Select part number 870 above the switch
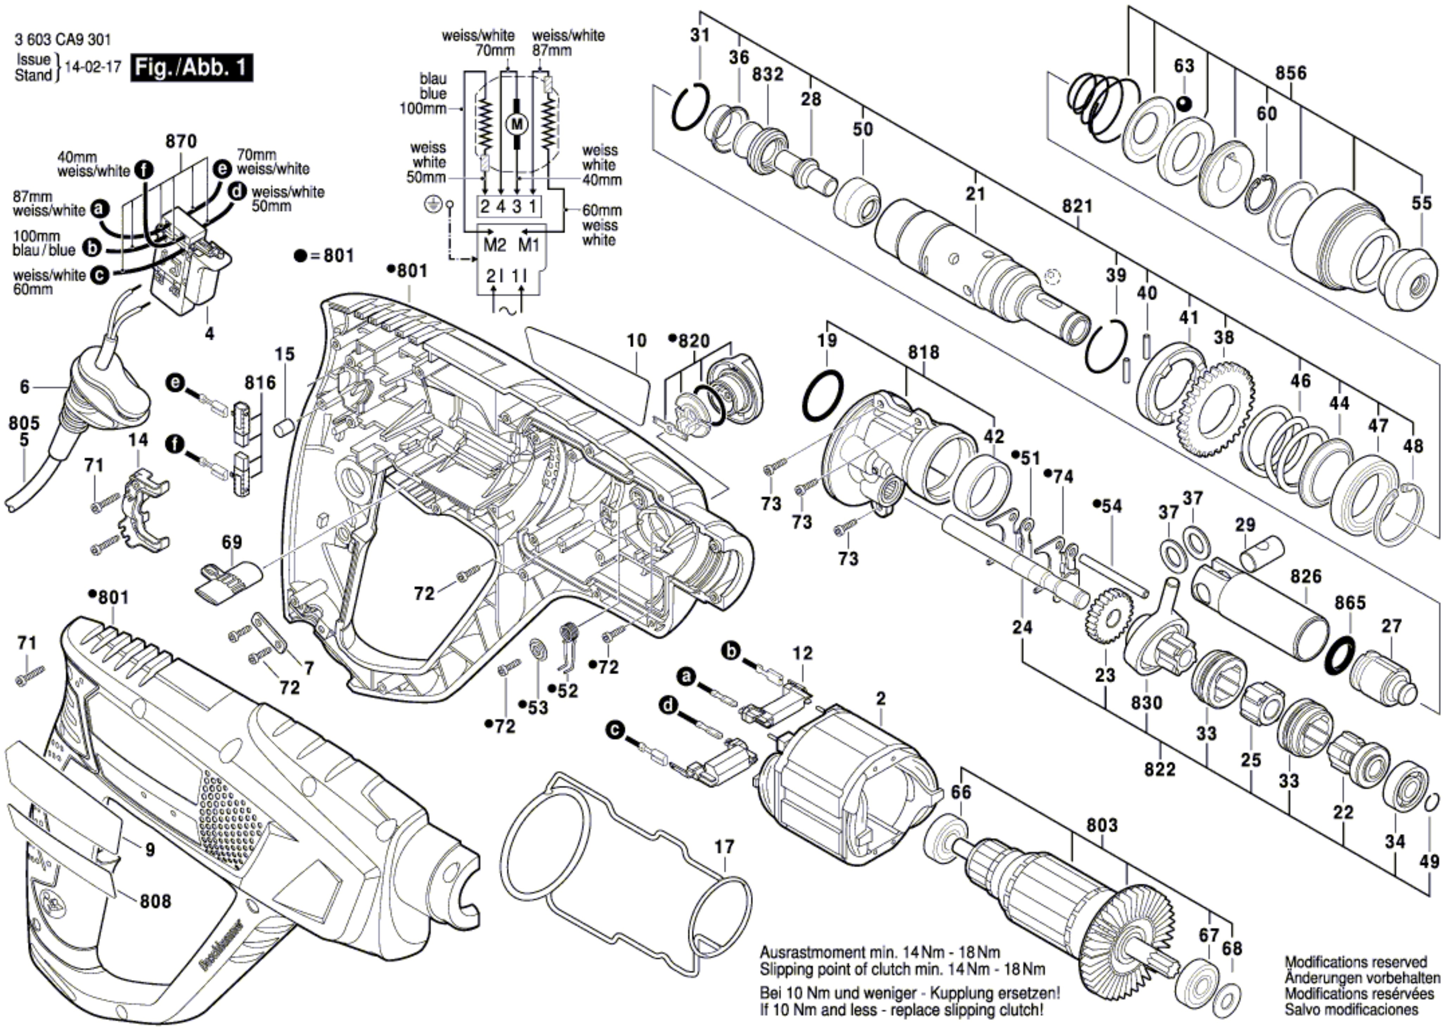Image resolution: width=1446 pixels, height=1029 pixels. pos(181,141)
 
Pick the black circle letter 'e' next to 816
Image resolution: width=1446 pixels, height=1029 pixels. pos(175,383)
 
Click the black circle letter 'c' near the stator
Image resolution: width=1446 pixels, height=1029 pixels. pos(613,730)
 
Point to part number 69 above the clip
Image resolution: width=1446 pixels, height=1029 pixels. pos(231,542)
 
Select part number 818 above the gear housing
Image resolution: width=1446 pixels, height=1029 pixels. pos(923,352)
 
